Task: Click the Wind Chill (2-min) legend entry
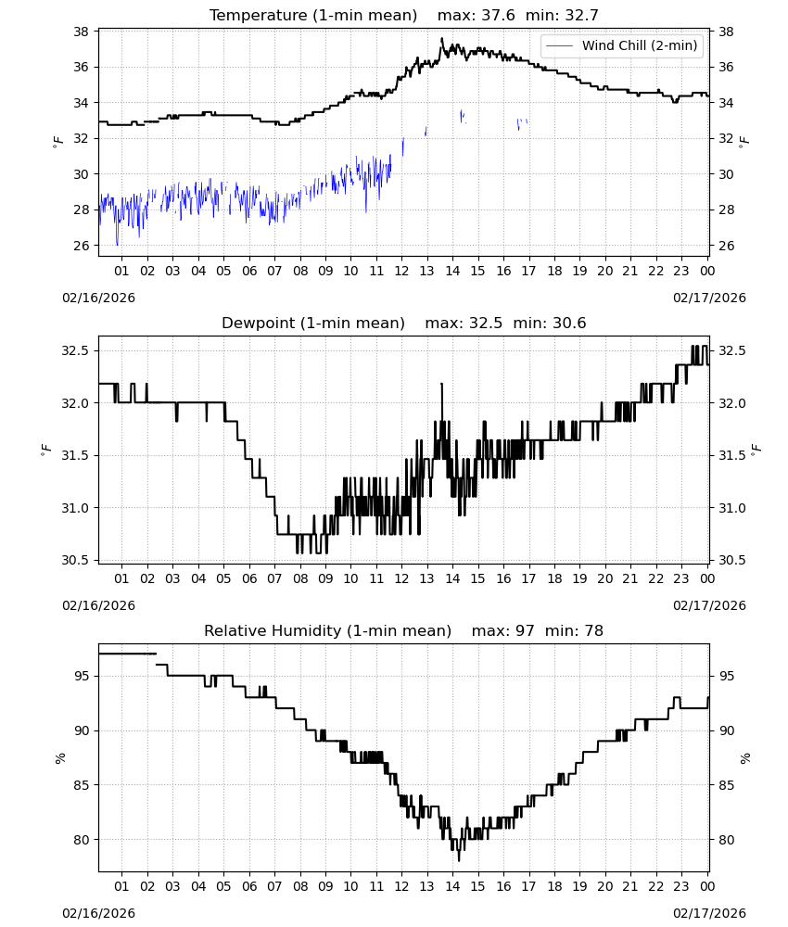[622, 45]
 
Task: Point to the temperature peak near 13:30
[441, 39]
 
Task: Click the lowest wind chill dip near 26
[117, 244]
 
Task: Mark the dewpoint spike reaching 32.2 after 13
[441, 385]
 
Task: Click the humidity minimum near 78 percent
[459, 860]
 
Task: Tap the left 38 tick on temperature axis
[81, 32]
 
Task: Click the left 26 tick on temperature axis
[81, 246]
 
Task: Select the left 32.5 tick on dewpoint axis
[75, 350]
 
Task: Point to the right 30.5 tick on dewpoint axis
[731, 560]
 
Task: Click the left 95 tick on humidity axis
[81, 676]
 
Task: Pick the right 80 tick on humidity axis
[726, 840]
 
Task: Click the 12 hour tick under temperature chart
[402, 271]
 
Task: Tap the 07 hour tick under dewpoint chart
[274, 578]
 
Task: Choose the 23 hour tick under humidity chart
[681, 886]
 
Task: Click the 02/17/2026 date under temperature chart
[709, 298]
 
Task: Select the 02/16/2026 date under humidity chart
[98, 913]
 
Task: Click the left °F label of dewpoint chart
[45, 450]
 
